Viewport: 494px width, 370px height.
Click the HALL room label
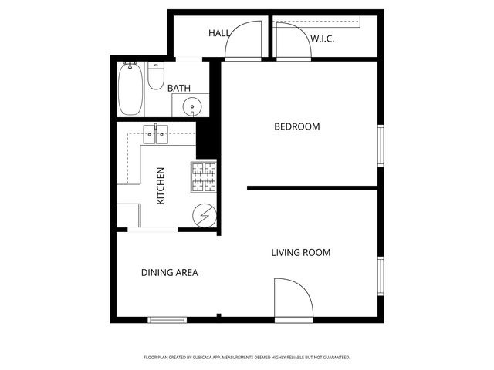click(x=219, y=33)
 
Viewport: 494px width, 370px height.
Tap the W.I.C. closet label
click(x=322, y=38)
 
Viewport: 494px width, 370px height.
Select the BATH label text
click(x=179, y=89)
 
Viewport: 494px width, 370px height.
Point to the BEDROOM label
click(x=297, y=126)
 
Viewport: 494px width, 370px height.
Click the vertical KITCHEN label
click(x=161, y=186)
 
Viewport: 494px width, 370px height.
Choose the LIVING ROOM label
click(x=300, y=252)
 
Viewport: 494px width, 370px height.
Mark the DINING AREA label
click(x=170, y=272)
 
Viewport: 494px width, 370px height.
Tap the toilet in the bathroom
click(x=156, y=76)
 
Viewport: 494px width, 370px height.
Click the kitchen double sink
click(x=156, y=135)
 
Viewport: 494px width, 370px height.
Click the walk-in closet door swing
click(x=292, y=41)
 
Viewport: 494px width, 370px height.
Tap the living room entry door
click(x=292, y=298)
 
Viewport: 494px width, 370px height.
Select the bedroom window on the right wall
click(x=380, y=146)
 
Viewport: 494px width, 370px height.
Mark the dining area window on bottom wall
click(x=167, y=319)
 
